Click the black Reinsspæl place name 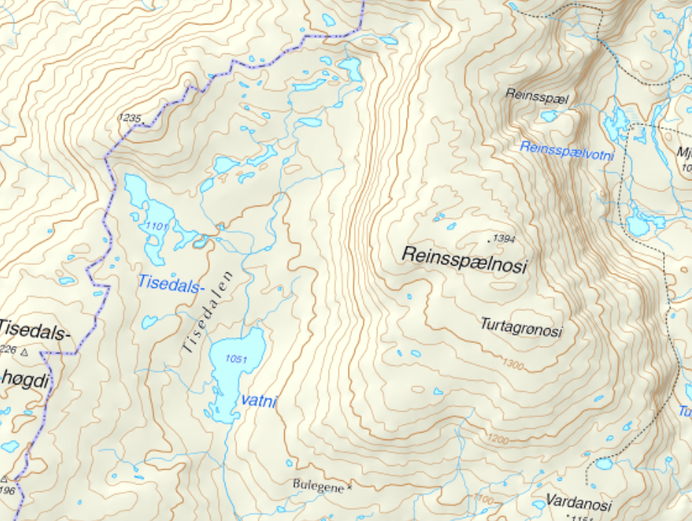click(x=530, y=94)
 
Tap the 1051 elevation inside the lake click(x=237, y=359)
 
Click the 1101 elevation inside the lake click(x=157, y=226)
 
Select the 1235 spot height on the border click(x=129, y=117)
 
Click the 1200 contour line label click(x=498, y=440)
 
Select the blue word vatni click(x=259, y=402)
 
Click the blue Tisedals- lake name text click(x=169, y=282)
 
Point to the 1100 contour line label click(x=483, y=500)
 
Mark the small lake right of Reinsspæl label click(x=549, y=117)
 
